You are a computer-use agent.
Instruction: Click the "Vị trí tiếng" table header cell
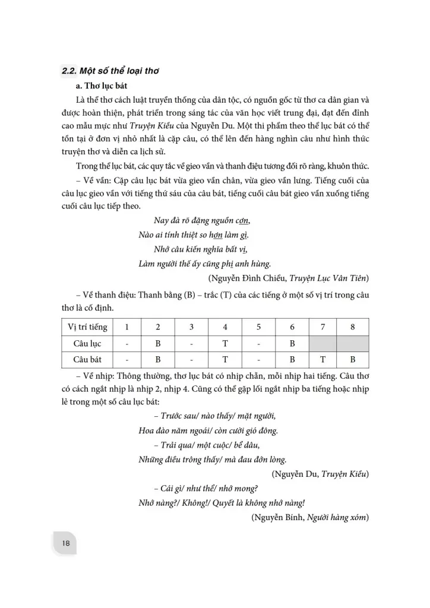87,327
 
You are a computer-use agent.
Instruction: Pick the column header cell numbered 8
352,327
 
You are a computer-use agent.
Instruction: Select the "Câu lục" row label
87,344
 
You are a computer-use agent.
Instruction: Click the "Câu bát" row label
87,360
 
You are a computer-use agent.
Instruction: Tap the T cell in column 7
322,360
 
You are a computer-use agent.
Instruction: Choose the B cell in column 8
352,360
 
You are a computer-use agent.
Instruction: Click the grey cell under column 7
322,344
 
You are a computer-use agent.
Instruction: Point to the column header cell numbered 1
125,327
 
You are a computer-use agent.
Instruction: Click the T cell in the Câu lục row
225,344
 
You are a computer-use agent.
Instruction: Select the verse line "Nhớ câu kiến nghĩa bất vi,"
200,249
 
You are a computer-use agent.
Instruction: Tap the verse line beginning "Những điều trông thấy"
213,459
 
